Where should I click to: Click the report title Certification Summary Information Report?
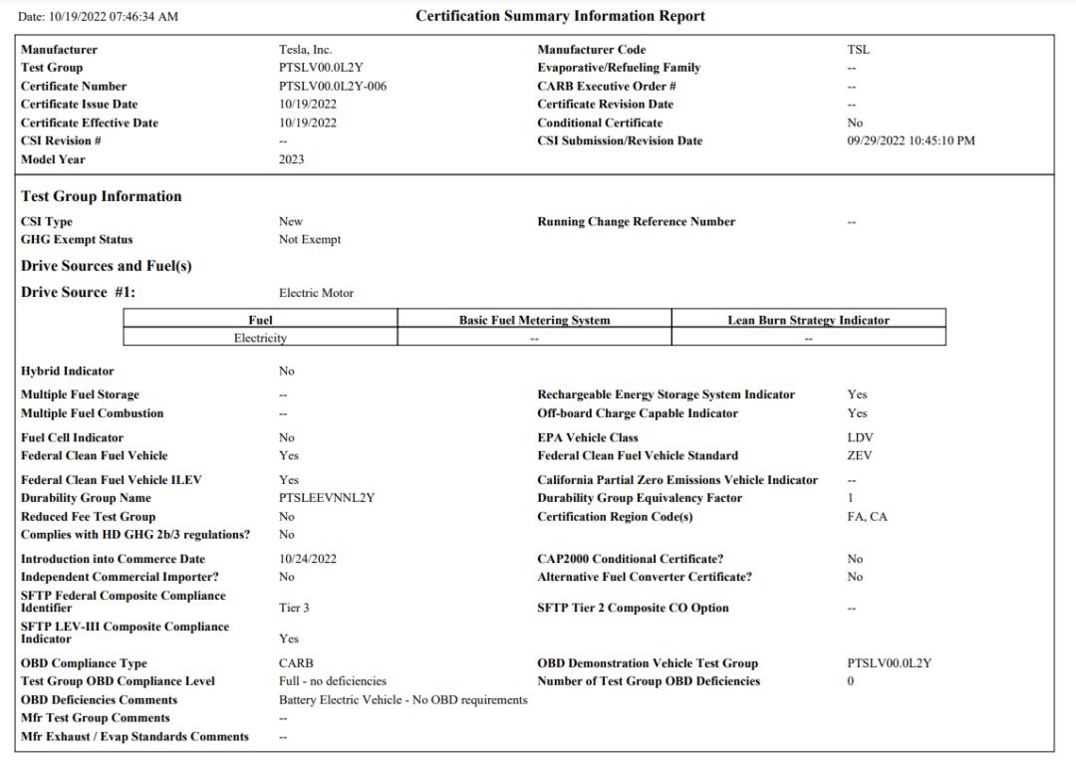560,16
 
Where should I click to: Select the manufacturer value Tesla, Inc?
305,50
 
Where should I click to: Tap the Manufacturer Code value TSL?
858,50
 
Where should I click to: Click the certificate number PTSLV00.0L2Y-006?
333,87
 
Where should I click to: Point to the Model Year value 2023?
291,159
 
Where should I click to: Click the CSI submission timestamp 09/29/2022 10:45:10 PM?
911,141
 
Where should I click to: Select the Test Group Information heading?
102,197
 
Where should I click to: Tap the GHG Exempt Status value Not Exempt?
309,240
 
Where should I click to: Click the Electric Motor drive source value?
316,294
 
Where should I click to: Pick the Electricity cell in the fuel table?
260,339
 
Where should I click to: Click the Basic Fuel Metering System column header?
534,321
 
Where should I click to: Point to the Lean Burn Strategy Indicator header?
808,321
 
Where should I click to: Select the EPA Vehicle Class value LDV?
860,438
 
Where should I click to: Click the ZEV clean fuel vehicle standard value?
859,456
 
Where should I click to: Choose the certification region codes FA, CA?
867,517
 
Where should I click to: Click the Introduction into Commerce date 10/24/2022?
308,560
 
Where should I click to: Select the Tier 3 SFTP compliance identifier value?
294,609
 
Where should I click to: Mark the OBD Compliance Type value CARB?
296,664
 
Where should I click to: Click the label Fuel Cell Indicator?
72,438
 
